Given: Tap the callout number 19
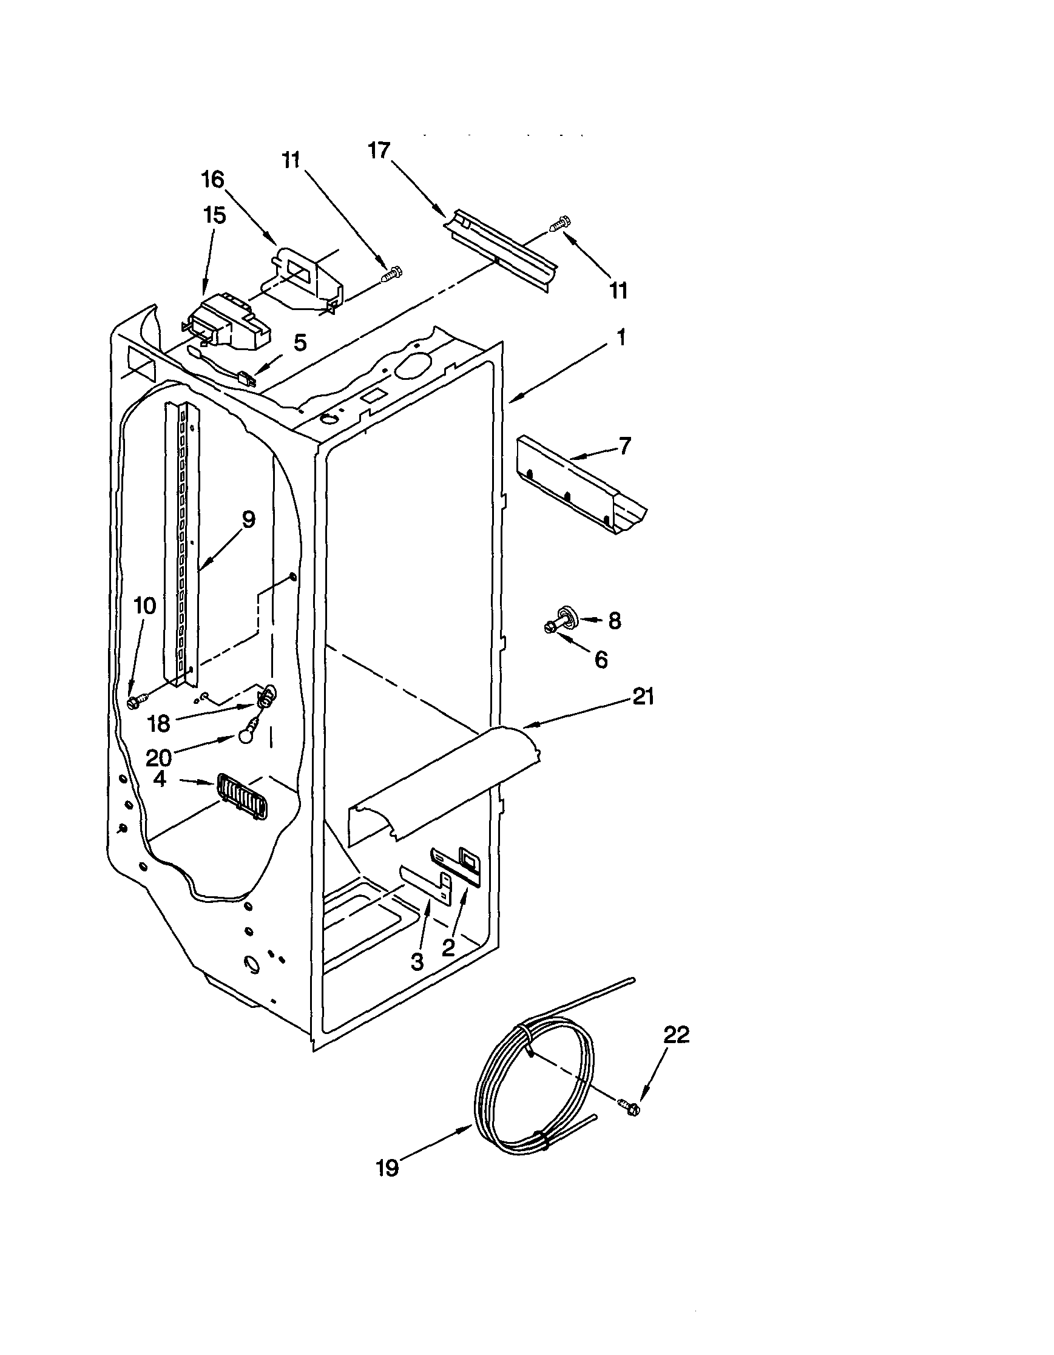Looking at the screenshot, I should pyautogui.click(x=387, y=1168).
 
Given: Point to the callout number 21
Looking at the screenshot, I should pyautogui.click(x=643, y=697).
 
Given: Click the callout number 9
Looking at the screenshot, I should pyautogui.click(x=248, y=519).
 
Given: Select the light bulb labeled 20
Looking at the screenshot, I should pyautogui.click(x=244, y=735).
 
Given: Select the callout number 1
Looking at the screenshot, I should pyautogui.click(x=621, y=337).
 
